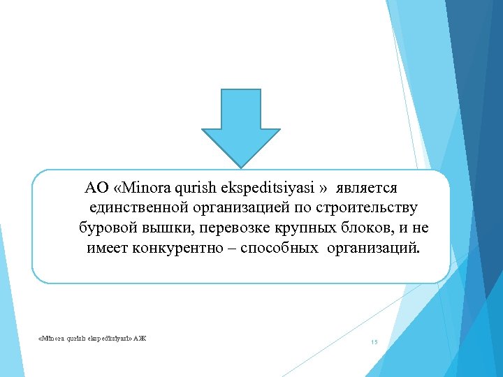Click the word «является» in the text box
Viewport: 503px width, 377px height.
367,188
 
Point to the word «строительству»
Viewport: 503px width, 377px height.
367,208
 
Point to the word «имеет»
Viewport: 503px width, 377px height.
107,249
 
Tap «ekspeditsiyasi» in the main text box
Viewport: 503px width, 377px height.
271,188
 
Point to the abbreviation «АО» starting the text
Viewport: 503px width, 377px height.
95,188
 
